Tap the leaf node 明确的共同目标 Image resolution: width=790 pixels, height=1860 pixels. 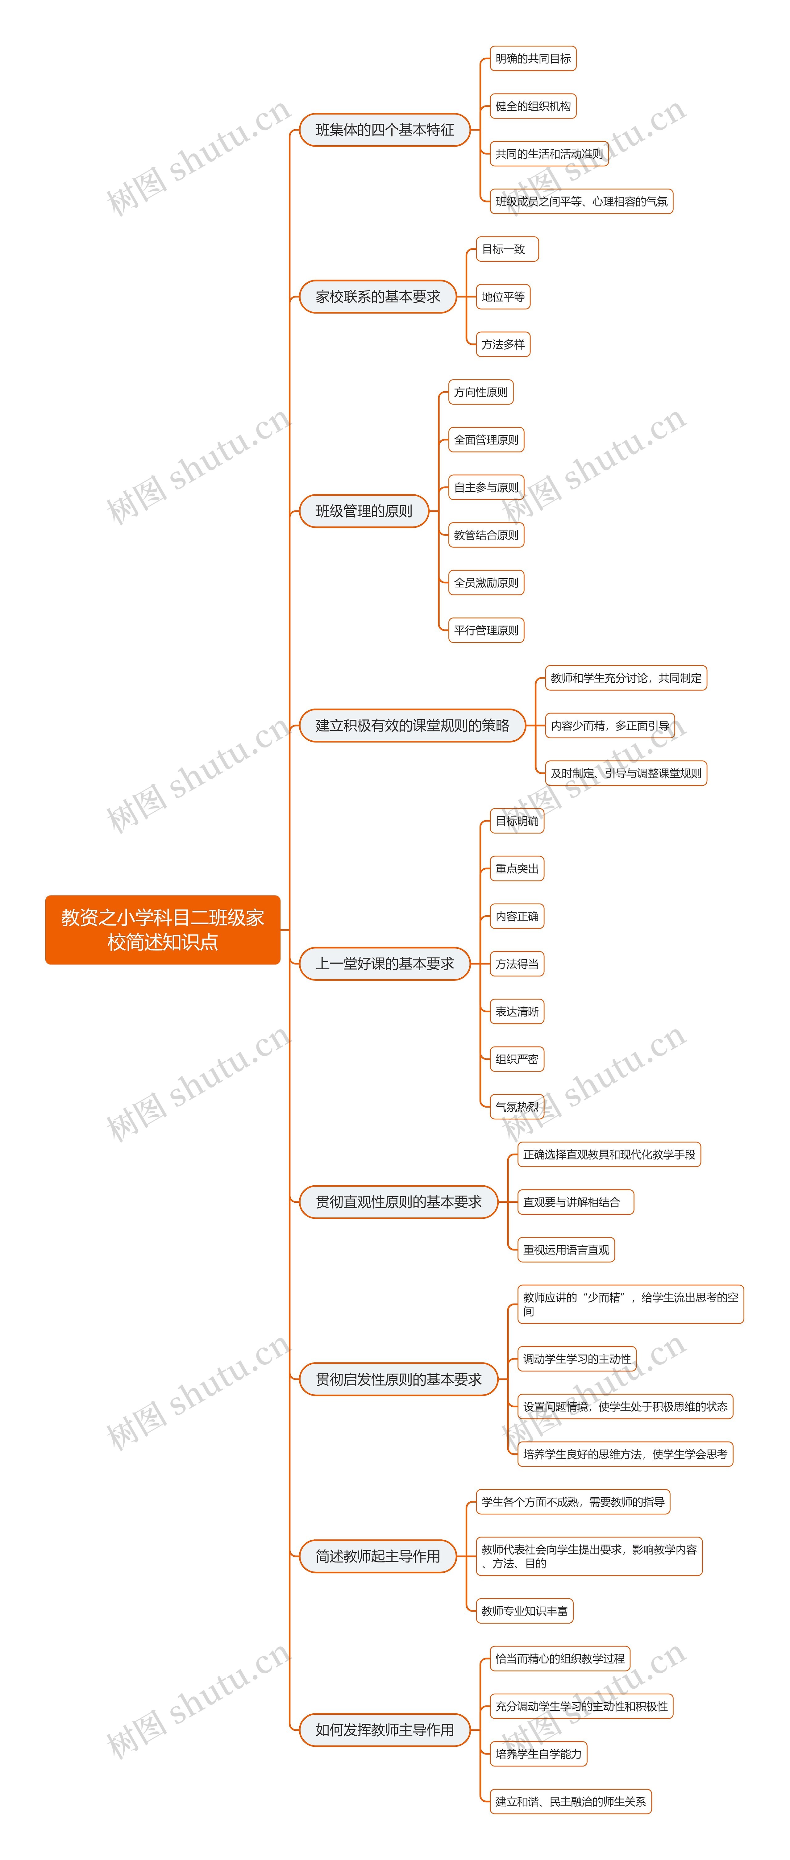pyautogui.click(x=533, y=59)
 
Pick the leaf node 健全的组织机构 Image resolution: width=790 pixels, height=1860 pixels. pyautogui.click(x=533, y=106)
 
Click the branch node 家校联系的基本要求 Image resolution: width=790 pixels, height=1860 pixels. pyautogui.click(x=378, y=297)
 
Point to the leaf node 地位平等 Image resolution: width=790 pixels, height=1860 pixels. pyautogui.click(x=503, y=297)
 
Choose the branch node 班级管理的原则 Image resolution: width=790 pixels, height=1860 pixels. pyautogui.click(x=364, y=511)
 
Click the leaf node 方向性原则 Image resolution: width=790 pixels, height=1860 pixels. pyautogui.click(x=481, y=392)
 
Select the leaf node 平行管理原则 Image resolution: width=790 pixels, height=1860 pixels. pyautogui.click(x=486, y=630)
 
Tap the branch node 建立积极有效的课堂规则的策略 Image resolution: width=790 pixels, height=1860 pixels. pyautogui.click(x=412, y=726)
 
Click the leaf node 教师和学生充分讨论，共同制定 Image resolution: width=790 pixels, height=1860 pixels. pyautogui.click(x=625, y=678)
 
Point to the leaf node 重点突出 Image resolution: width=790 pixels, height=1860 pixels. pyautogui.click(x=517, y=869)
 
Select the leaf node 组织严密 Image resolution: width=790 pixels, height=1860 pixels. pyautogui.click(x=517, y=1059)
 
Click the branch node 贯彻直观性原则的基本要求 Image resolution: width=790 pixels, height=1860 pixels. pyautogui.click(x=399, y=1202)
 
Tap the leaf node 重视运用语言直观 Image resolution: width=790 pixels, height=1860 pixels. pyautogui.click(x=566, y=1250)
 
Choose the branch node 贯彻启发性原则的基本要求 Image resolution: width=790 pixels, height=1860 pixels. pyautogui.click(x=399, y=1379)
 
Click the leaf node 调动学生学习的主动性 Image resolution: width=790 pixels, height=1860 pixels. pyautogui.click(x=577, y=1359)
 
